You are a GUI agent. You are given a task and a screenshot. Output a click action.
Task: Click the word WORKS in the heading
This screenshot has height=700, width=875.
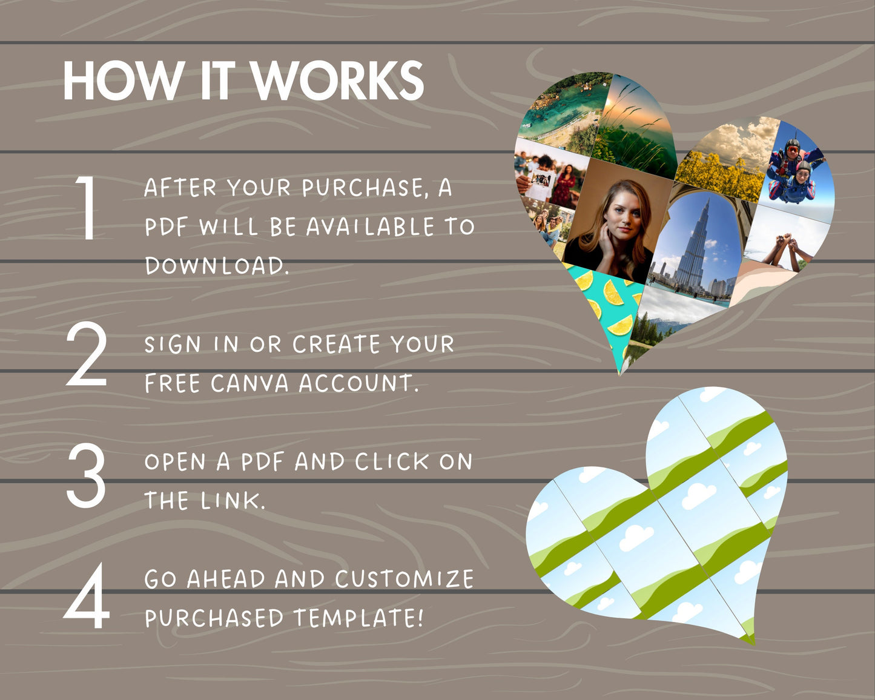pos(338,81)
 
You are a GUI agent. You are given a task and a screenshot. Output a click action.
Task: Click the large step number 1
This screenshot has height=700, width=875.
pos(87,208)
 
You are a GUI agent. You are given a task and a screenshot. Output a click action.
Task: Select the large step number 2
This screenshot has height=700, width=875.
pos(86,354)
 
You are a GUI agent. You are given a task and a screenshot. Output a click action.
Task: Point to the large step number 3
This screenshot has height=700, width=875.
pos(86,475)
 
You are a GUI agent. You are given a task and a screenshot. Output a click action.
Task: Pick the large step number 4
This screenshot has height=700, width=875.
pos(86,595)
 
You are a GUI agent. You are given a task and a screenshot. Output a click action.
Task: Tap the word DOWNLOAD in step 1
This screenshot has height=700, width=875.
pos(216,266)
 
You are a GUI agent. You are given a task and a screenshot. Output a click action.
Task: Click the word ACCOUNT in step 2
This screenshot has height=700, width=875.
pos(358,383)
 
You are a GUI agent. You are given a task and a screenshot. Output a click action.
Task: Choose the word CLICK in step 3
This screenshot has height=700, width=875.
pos(392,461)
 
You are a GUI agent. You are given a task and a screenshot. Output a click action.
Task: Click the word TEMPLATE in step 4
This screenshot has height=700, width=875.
pos(358,618)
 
